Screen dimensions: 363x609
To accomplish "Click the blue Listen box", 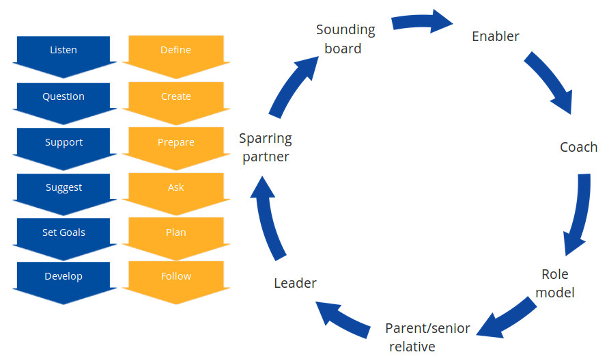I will [x=63, y=51].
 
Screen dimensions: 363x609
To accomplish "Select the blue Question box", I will [x=63, y=97].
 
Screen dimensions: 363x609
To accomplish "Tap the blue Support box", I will [x=63, y=143].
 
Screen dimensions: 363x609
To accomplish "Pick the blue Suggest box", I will [x=63, y=188].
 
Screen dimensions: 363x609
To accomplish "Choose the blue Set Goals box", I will [x=63, y=233].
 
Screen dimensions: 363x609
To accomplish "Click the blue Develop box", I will [x=63, y=277].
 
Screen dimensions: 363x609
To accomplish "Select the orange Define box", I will [x=175, y=51].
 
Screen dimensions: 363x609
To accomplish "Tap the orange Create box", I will [x=175, y=97].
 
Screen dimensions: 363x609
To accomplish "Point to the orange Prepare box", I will [x=175, y=143].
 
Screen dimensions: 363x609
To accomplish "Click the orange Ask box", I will [x=175, y=188].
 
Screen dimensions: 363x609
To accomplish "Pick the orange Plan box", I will [x=175, y=233].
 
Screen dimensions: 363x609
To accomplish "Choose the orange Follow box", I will [x=175, y=277].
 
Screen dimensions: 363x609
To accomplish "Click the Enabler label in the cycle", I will [x=496, y=36].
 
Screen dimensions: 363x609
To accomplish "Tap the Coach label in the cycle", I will [x=578, y=147].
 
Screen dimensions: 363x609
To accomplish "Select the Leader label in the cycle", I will [x=295, y=282].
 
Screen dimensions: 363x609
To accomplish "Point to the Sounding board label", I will [x=345, y=39].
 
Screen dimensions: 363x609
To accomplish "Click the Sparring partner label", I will [x=265, y=148].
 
